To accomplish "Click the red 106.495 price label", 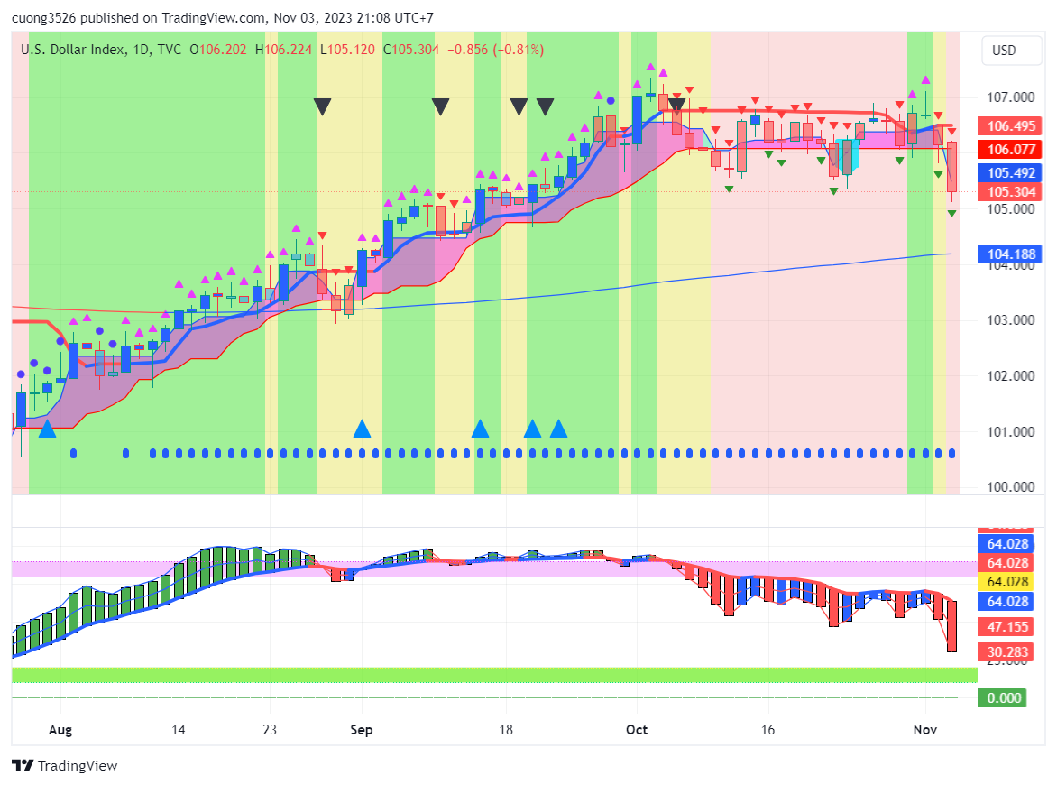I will [x=1009, y=126].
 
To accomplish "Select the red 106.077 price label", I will [x=1009, y=150].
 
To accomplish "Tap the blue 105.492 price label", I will [x=1009, y=173].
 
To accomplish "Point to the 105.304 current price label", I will [x=1009, y=192].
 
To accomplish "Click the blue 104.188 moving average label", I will [x=1009, y=255].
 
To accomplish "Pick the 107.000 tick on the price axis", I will [x=1008, y=97].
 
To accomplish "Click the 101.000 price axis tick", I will [x=1008, y=431].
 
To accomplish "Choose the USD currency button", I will [x=1004, y=51].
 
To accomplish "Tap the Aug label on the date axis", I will [x=60, y=728].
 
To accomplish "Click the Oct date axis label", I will [x=637, y=728].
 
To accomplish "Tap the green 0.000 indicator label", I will [x=1004, y=697].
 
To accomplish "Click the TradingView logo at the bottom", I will [x=65, y=765].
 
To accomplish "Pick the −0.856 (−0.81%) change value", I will [x=495, y=50].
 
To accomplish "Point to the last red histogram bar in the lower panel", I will [x=951, y=625].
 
